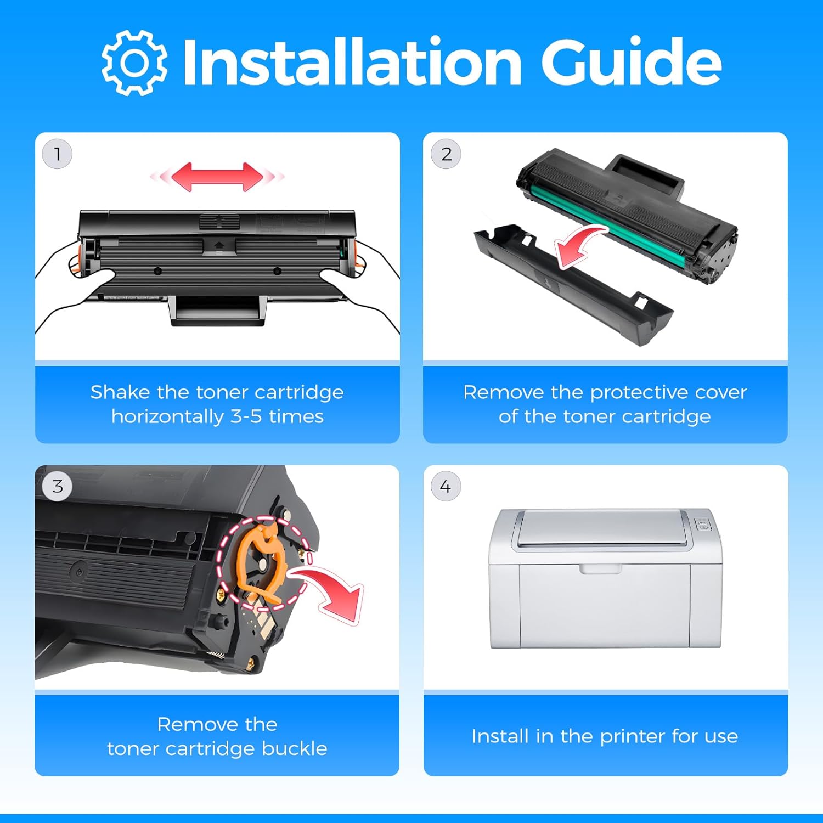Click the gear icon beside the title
coord(134,63)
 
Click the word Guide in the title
coord(631,63)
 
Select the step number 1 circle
coord(57,154)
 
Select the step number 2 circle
coord(447,154)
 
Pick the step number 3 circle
coord(58,486)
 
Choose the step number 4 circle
coord(446,486)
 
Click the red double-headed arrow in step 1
coord(217,177)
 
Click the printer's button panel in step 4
coord(703,524)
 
